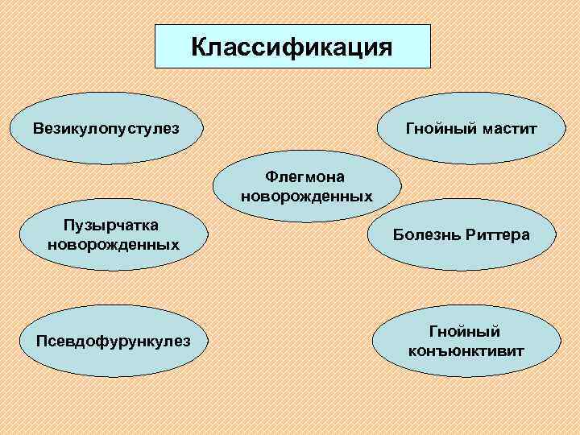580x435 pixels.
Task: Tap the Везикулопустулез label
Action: [106, 128]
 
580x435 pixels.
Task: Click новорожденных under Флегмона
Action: [306, 196]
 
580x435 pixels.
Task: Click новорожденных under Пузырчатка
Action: [114, 244]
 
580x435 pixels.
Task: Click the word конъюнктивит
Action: [466, 351]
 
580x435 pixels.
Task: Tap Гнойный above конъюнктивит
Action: [465, 332]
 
